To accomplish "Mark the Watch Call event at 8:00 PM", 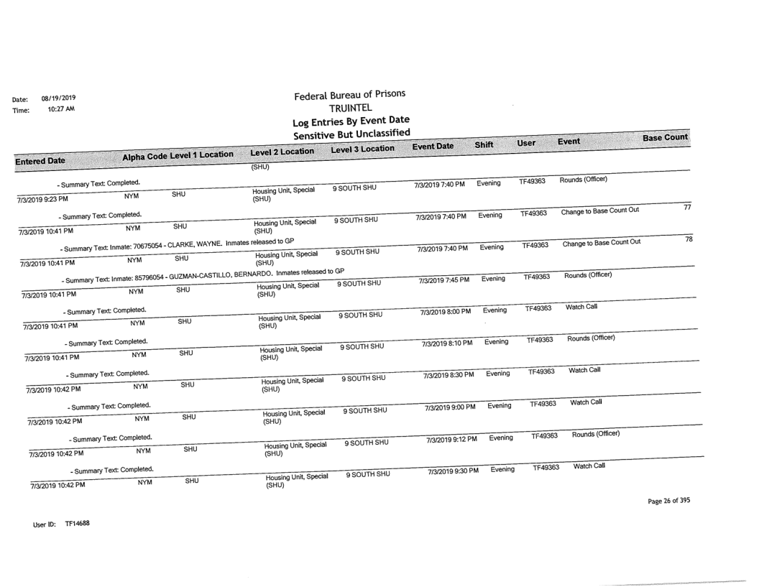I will (582, 307).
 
